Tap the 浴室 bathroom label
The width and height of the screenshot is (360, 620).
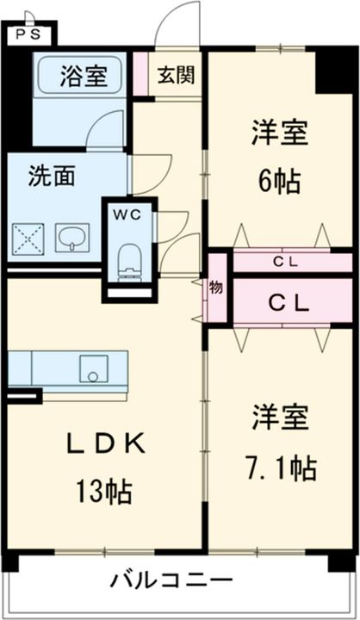tap(84, 75)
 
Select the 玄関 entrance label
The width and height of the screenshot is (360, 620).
tap(174, 73)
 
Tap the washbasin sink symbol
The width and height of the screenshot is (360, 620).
tap(72, 237)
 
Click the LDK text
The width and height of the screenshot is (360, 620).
tap(107, 443)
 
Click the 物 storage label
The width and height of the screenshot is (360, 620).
tap(215, 288)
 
